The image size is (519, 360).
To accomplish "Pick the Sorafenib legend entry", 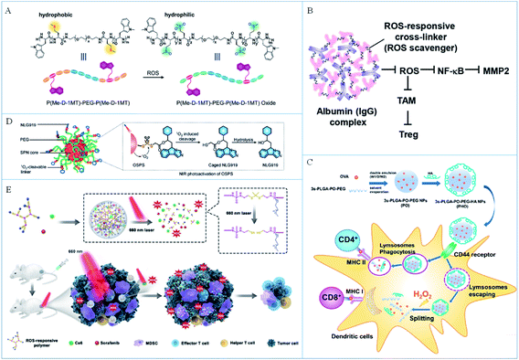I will coord(109,347).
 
